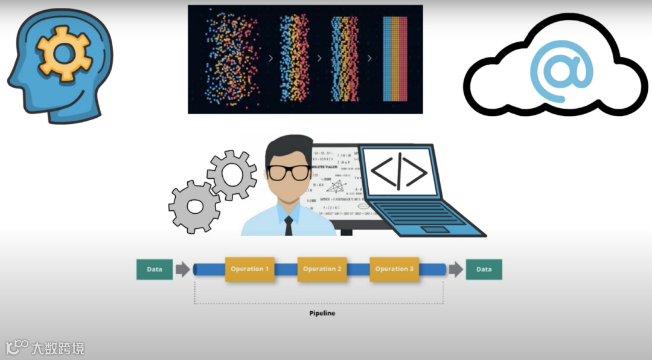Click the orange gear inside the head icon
63,53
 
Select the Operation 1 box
250,269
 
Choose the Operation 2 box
322,269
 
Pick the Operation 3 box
394,269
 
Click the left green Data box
155,269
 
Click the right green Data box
484,269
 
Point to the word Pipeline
322,313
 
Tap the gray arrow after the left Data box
182,269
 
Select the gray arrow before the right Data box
456,269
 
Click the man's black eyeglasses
289,172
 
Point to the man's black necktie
289,225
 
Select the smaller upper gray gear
231,175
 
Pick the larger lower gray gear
194,207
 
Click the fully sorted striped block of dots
395,59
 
